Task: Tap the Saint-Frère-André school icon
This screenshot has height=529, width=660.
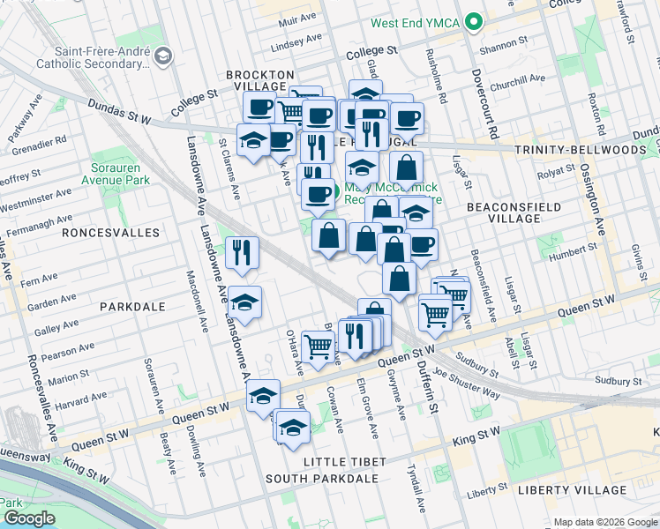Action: (162, 57)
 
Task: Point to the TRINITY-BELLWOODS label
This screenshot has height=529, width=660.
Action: (581, 151)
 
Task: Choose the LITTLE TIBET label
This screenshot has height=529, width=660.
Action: (344, 462)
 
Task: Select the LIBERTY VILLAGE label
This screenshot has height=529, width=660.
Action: (564, 489)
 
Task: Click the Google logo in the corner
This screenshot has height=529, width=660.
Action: (29, 518)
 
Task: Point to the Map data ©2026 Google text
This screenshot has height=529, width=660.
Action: (604, 522)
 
